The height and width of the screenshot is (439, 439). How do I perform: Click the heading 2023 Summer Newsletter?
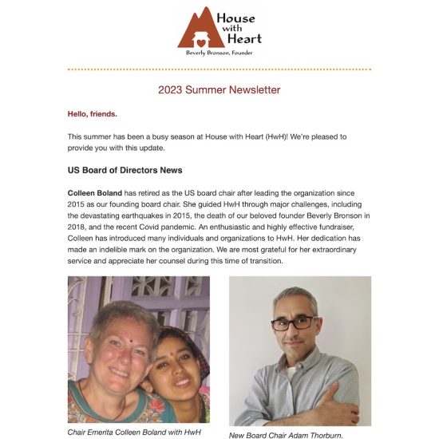[x=219, y=90]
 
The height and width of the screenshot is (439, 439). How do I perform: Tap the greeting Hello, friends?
[x=93, y=114]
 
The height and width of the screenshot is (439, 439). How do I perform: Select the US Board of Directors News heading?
[x=125, y=170]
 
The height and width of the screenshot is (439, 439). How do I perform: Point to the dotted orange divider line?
[x=219, y=69]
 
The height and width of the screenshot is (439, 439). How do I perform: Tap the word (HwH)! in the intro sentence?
[x=241, y=136]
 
